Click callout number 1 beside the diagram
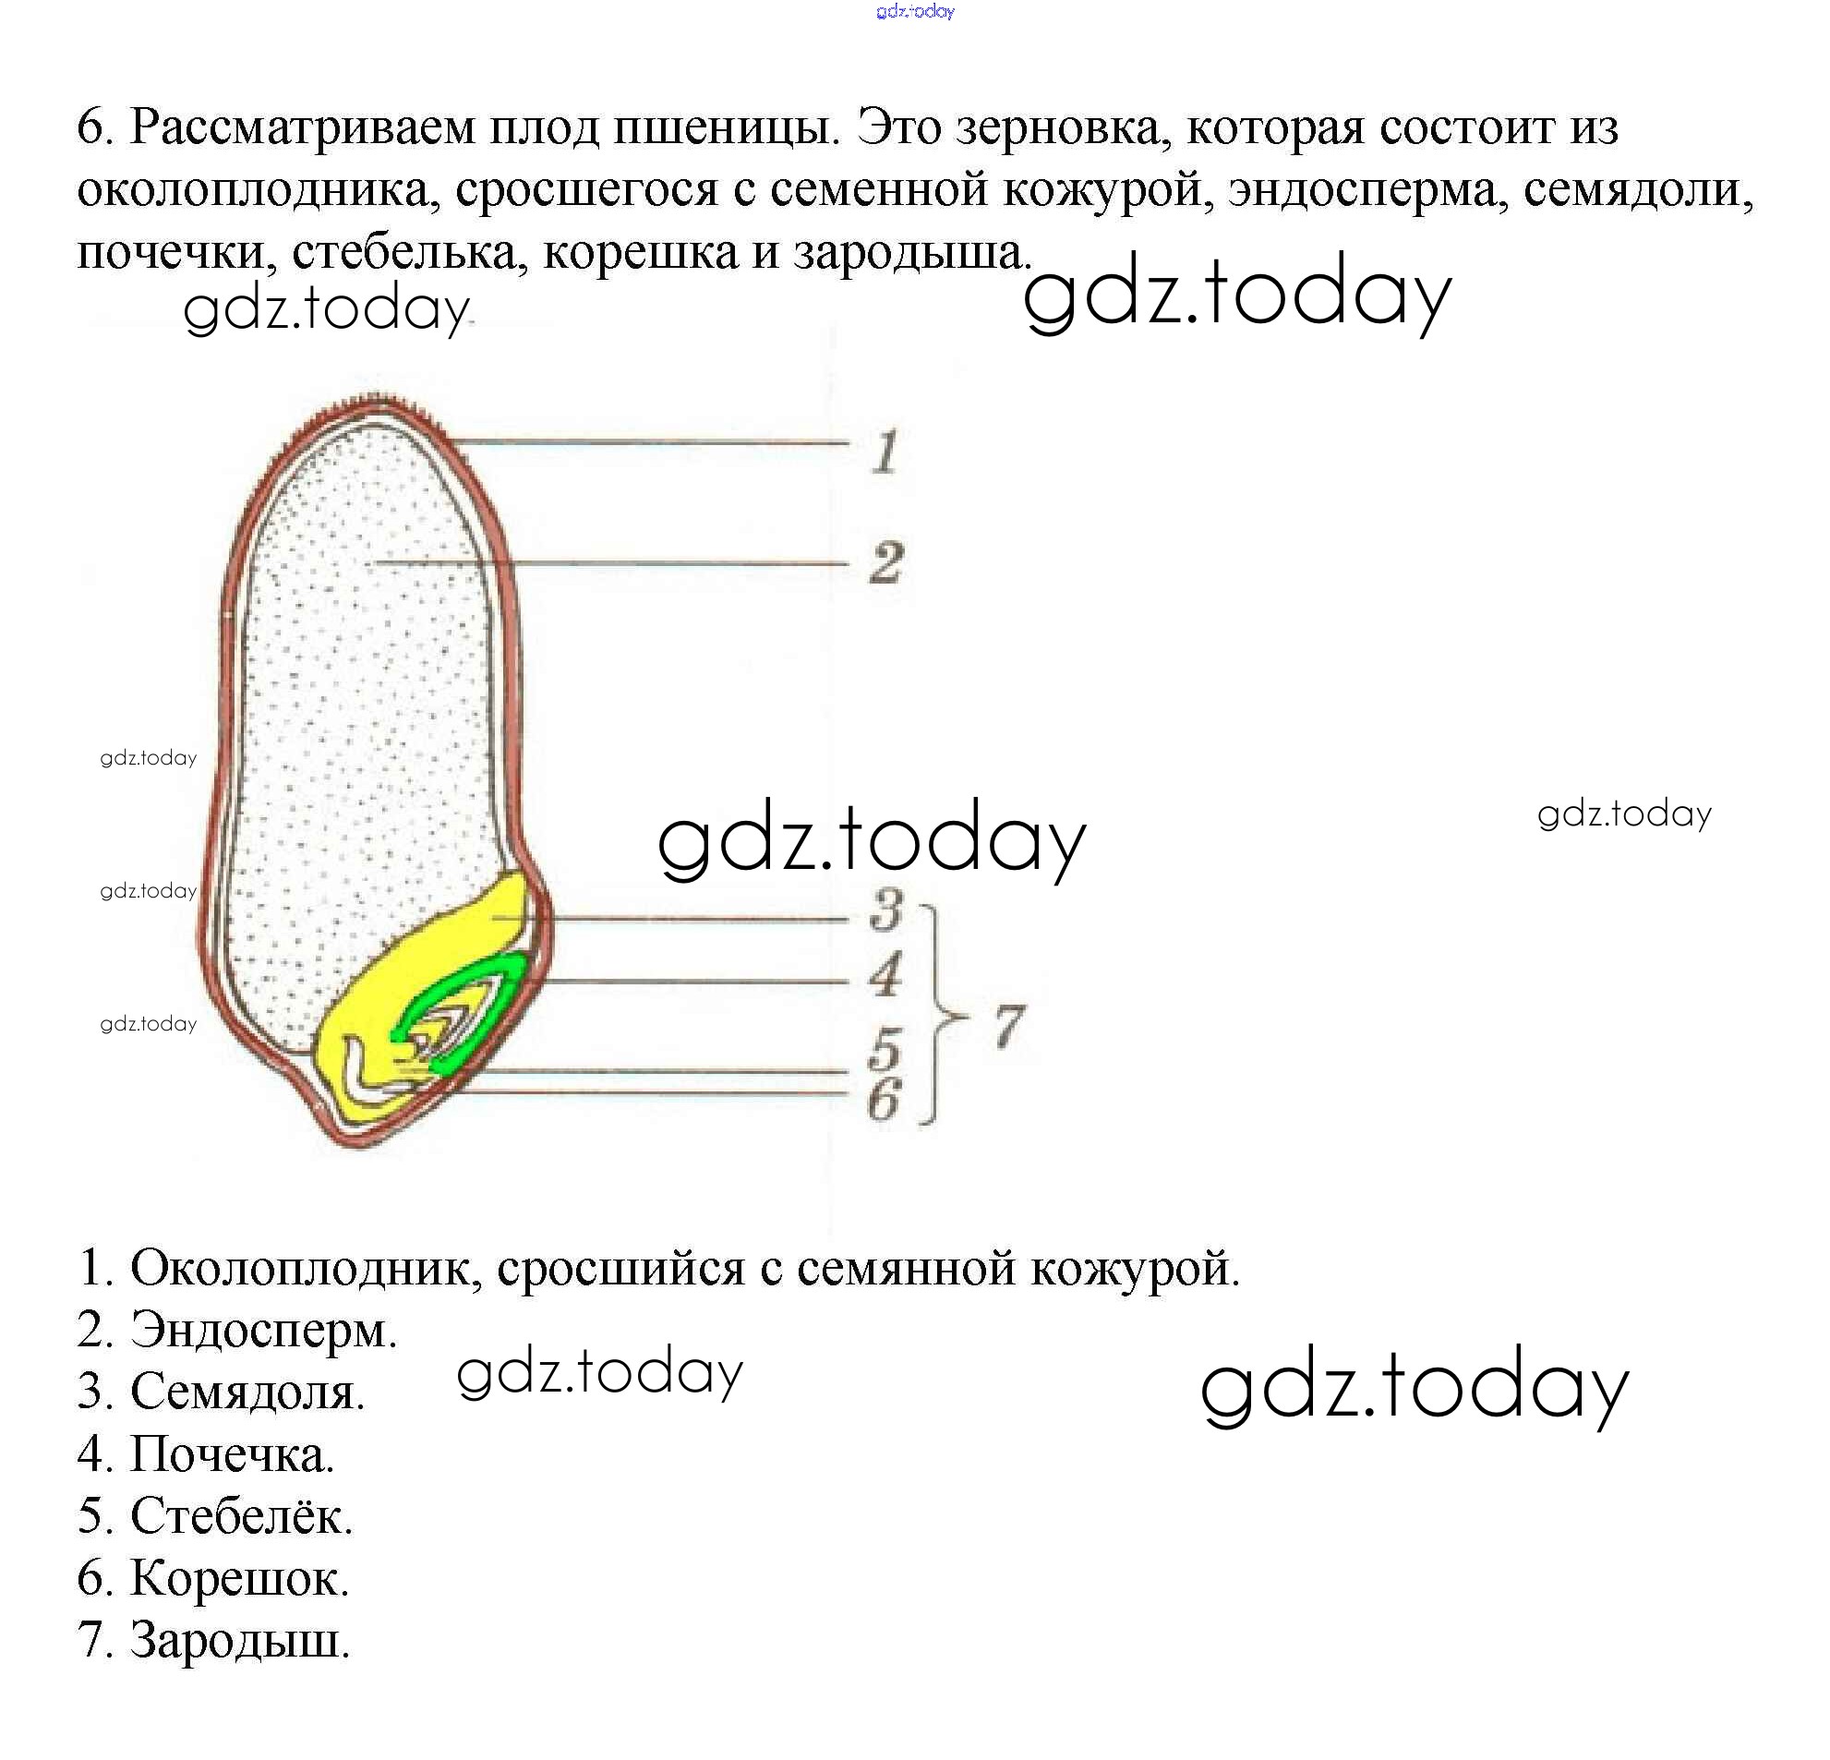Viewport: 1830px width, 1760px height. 885,452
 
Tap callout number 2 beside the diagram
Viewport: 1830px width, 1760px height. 885,563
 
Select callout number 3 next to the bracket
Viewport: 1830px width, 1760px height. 885,910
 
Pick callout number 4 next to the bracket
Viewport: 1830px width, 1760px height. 885,975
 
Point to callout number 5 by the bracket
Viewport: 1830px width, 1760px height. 885,1050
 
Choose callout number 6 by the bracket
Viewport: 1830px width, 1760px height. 884,1099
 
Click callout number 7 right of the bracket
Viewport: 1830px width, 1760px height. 1008,1026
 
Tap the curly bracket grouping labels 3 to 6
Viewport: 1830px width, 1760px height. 937,1014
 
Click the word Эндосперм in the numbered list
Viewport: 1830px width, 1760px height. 263,1329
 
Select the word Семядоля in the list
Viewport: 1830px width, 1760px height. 247,1392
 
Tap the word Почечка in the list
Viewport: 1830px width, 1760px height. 232,1453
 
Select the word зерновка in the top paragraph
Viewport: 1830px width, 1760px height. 1064,127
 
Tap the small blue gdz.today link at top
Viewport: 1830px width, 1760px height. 915,11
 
